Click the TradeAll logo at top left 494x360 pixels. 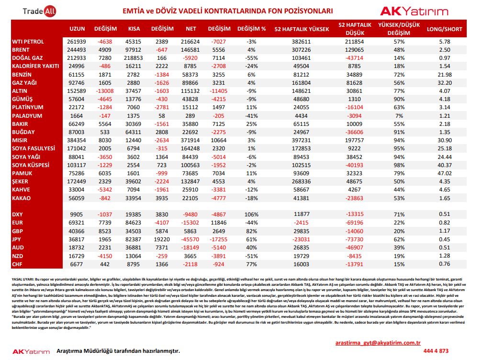tap(39, 11)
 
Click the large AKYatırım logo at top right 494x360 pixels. tap(414, 11)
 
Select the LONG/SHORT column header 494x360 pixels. tap(444, 29)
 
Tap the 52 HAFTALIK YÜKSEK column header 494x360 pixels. tap(302, 29)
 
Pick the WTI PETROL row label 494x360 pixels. tap(28, 42)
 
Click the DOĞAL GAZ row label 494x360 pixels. tap(27, 58)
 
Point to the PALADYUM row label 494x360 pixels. tap(27, 115)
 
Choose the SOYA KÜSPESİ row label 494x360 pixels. tap(31, 165)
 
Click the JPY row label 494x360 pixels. tap(16, 239)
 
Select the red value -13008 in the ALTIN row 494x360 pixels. tap(105, 91)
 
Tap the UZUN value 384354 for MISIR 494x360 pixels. tap(76, 140)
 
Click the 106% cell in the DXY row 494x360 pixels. tap(251, 214)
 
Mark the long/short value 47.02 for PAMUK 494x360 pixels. tap(445, 174)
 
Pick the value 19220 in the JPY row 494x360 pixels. tap(162, 239)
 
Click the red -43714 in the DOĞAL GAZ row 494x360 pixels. tap(354, 58)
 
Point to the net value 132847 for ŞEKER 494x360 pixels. tap(191, 182)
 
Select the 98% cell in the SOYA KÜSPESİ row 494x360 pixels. tap(399, 165)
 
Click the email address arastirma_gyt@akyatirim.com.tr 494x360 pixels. tap(378, 343)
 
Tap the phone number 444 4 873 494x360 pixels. tap(436, 351)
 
